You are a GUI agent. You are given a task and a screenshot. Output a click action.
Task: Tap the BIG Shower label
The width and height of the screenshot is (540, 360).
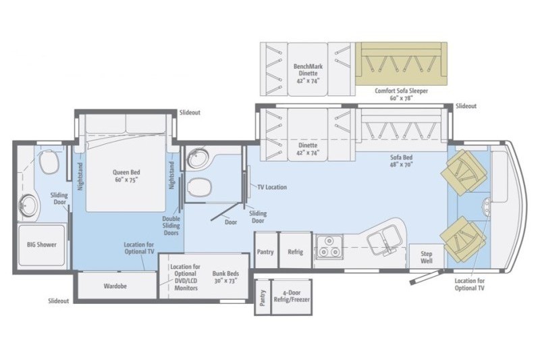41,245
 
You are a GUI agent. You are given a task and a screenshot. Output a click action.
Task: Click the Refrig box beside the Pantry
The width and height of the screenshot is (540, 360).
295,252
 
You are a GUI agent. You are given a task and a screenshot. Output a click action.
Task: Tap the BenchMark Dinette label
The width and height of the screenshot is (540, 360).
306,73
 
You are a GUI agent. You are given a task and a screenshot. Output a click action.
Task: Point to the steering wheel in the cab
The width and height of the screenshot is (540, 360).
486,205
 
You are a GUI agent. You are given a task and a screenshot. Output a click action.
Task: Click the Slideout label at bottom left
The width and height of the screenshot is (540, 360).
59,301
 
